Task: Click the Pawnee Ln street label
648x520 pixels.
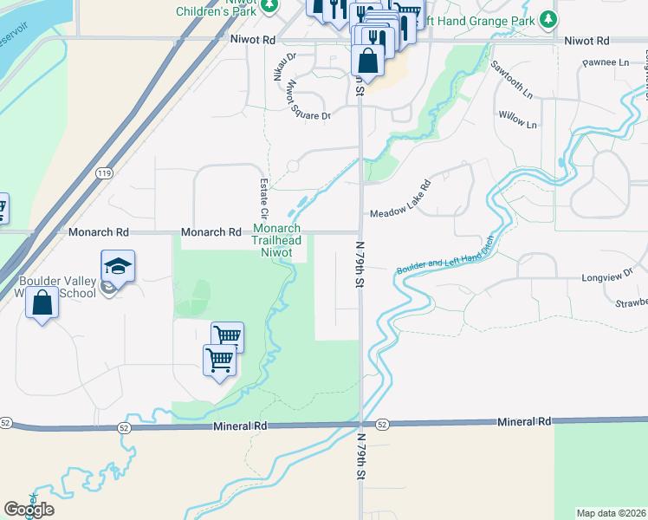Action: pos(606,63)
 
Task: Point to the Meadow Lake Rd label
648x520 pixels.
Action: pos(400,200)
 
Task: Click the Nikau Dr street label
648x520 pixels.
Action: pos(284,69)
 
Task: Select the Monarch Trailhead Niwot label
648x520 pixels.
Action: pos(277,240)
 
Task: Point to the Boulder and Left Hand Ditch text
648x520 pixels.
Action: pos(444,256)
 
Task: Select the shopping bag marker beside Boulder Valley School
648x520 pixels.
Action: pos(42,303)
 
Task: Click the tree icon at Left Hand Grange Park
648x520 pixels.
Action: pos(547,19)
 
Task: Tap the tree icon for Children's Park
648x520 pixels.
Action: pos(270,5)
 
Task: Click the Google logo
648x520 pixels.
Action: pos(29,509)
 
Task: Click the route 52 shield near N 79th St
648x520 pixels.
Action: pos(383,424)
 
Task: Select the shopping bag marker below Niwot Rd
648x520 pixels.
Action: pos(368,62)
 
